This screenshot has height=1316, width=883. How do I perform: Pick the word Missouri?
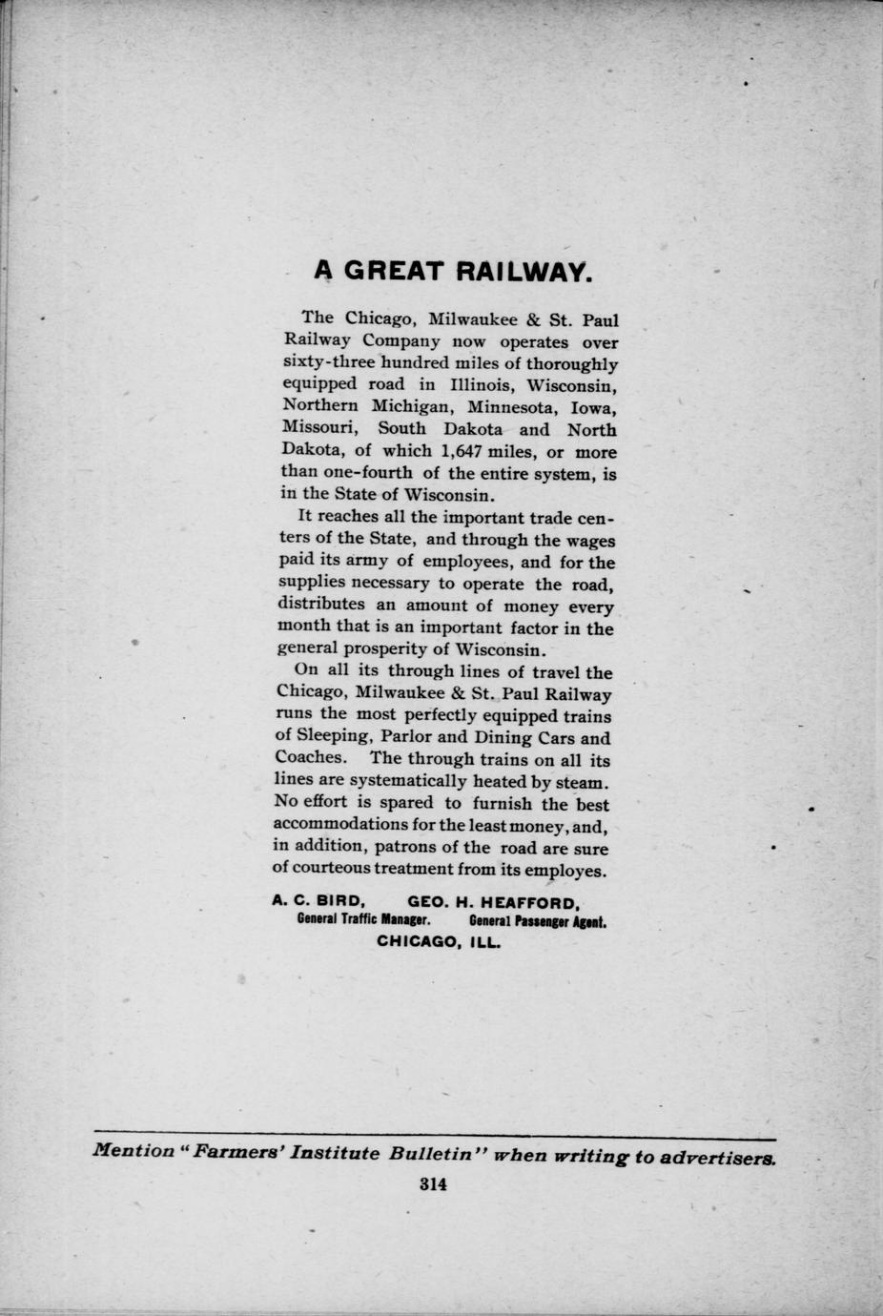click(320, 429)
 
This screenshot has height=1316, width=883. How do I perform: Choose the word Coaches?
click(309, 759)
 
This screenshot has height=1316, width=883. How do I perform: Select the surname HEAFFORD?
click(529, 901)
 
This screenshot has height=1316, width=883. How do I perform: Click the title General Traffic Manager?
click(366, 921)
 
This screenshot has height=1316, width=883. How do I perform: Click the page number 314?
click(432, 1185)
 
